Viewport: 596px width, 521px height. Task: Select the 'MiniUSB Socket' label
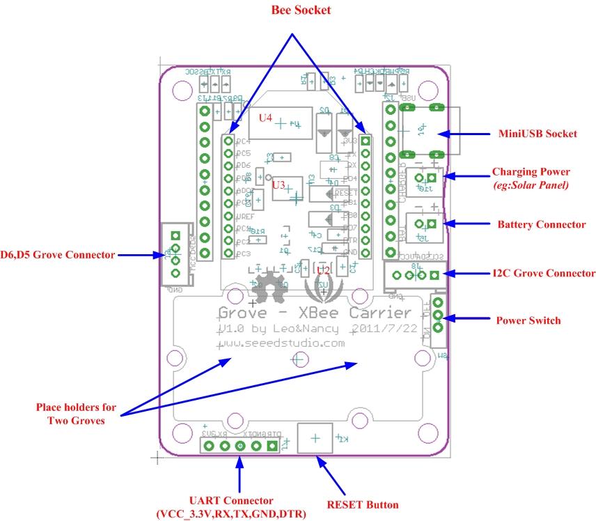(536, 134)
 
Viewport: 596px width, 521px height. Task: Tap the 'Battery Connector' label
(542, 225)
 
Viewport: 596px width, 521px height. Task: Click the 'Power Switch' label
(528, 321)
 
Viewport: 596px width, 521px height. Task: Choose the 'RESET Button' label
(362, 504)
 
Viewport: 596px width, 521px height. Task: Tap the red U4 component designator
(265, 118)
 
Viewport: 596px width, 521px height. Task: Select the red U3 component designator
(279, 185)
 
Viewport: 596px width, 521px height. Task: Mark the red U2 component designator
(323, 270)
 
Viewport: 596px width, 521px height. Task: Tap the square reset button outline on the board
(314, 438)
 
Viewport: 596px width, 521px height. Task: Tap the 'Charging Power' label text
(531, 171)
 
